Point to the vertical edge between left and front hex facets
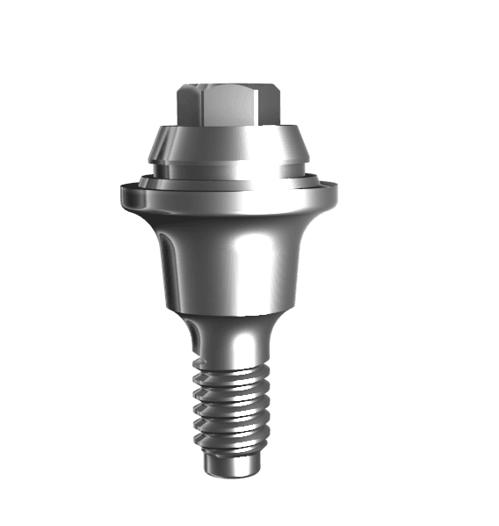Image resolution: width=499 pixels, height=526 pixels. [x=202, y=106]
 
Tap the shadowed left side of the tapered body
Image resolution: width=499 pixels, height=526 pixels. [x=171, y=264]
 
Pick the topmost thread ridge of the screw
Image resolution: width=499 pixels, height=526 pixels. [x=230, y=373]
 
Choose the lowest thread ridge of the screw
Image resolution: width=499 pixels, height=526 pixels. [x=230, y=440]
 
